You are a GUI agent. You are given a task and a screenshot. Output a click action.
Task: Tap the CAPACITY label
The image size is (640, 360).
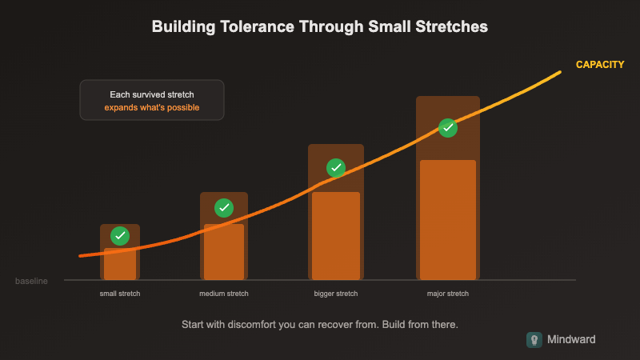tap(600, 65)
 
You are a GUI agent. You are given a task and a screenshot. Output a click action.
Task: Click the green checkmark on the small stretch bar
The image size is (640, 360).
tap(120, 235)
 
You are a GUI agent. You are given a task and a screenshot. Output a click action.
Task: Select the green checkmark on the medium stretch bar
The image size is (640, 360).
tap(224, 208)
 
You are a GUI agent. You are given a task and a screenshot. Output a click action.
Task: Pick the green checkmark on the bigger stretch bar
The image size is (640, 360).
tap(336, 168)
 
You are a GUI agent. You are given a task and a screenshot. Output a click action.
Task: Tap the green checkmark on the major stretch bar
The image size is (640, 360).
tap(448, 127)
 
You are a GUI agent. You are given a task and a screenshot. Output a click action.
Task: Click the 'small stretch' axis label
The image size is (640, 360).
tap(120, 294)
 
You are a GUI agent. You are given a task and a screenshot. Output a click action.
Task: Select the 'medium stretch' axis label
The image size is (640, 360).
tap(224, 294)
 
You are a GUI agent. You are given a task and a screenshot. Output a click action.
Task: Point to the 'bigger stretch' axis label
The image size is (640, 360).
tap(336, 294)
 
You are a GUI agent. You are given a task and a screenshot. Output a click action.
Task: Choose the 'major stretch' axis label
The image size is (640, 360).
tap(448, 294)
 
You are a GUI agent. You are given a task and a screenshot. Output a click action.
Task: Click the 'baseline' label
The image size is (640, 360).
tap(31, 282)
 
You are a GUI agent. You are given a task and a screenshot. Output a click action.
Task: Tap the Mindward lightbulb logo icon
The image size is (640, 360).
tap(534, 340)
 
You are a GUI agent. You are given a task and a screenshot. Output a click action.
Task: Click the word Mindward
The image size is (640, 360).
tap(571, 340)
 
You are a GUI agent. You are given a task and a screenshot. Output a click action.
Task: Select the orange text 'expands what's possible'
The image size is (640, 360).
tap(152, 107)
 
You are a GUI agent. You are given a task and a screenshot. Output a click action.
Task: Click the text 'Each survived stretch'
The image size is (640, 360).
tap(152, 94)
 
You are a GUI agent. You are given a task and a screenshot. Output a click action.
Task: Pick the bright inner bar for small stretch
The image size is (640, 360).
tap(120, 266)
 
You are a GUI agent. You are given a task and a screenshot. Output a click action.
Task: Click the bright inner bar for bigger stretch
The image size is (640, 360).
tap(336, 240)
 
